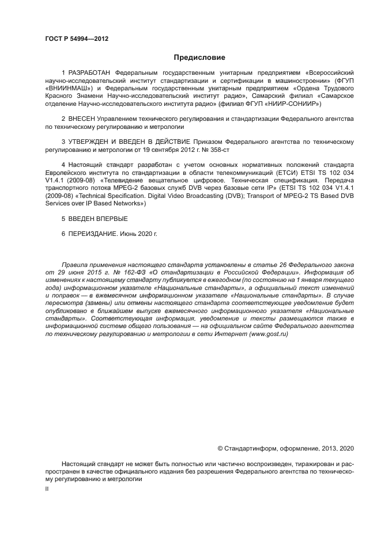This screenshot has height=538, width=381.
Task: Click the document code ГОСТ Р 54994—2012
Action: point(77,39)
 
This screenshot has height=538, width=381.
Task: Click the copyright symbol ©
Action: point(220,448)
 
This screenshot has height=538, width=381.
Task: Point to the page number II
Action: point(47,488)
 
